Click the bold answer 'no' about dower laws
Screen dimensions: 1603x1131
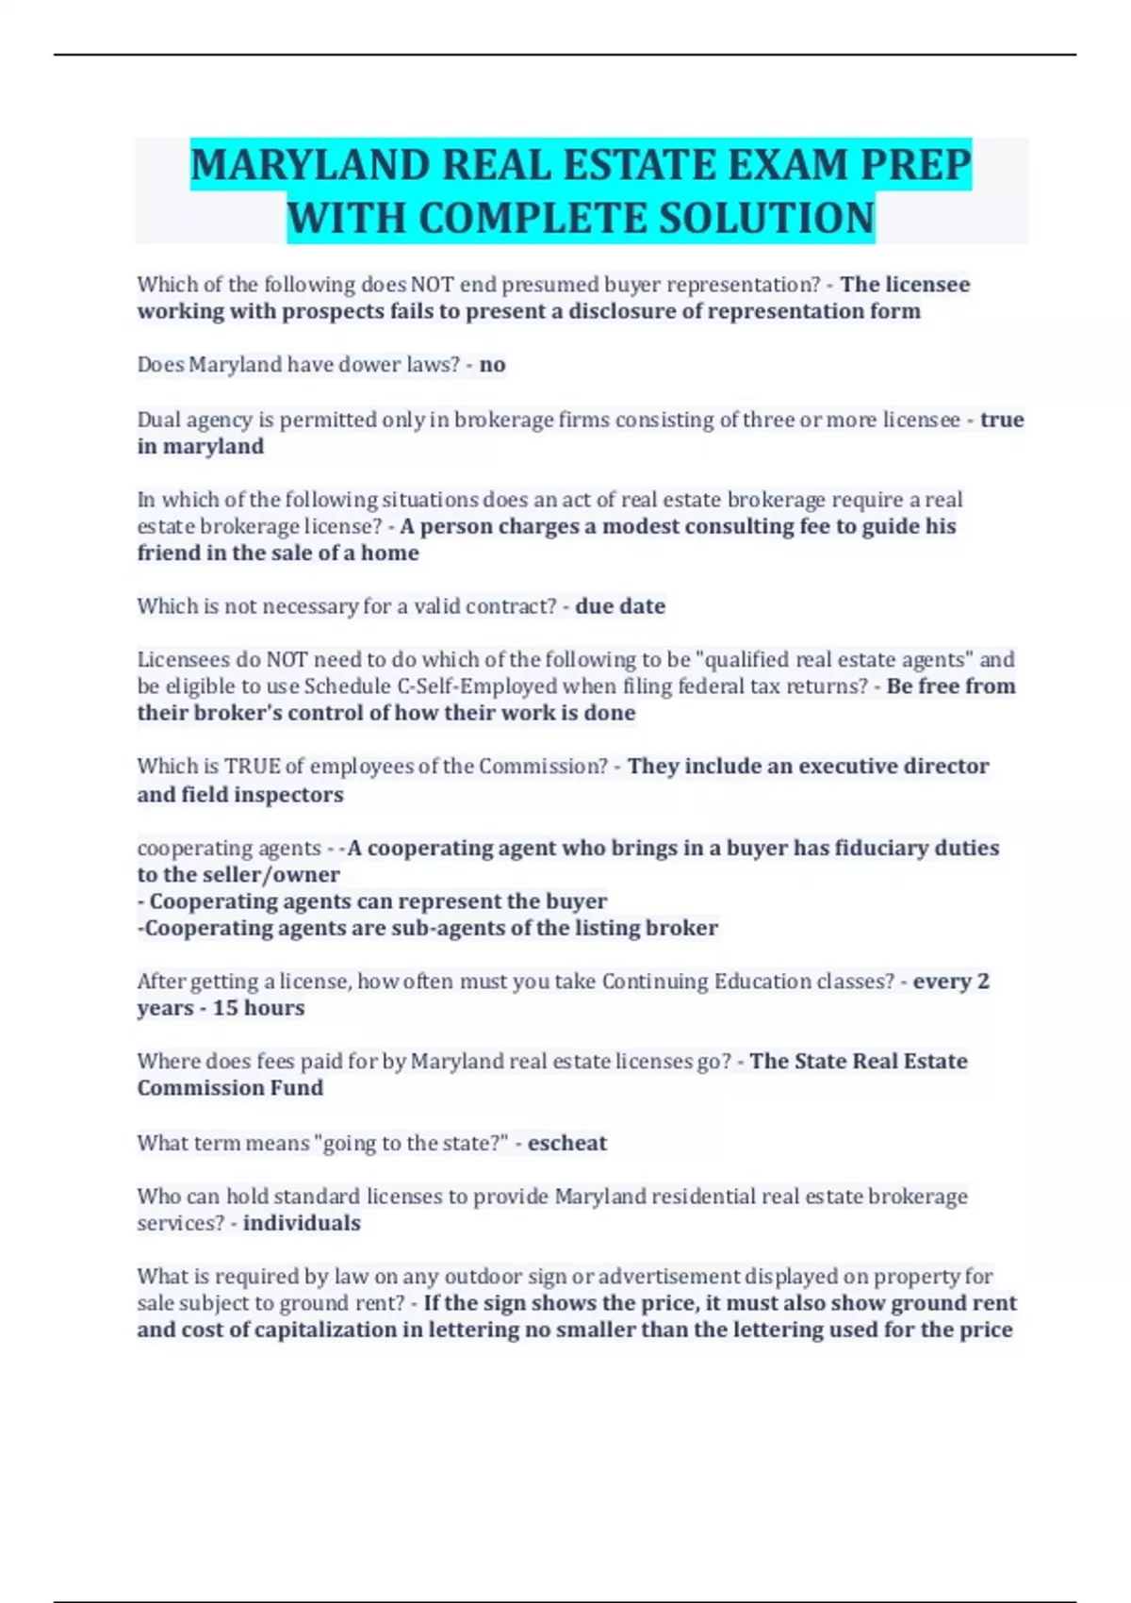492,365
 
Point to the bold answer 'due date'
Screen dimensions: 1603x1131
619,606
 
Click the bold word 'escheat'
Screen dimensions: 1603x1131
566,1143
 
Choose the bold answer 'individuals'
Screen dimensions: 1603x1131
302,1223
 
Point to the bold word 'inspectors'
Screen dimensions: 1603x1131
288,795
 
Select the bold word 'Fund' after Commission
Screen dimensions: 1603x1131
298,1088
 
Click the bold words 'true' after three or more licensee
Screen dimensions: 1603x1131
1002,420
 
